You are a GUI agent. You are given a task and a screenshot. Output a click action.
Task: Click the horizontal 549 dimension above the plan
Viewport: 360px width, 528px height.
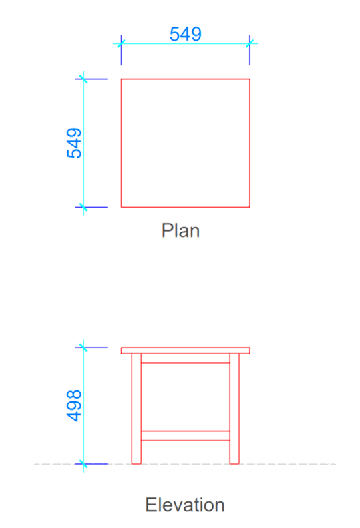click(186, 34)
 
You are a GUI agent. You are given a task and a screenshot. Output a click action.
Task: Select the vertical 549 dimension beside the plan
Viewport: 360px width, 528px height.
click(74, 143)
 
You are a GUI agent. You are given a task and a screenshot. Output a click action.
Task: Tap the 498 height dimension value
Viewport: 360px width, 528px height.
click(74, 405)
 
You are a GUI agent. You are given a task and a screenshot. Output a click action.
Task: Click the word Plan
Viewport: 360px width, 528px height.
click(181, 230)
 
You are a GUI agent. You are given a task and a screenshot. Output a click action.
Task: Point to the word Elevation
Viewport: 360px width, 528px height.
click(185, 505)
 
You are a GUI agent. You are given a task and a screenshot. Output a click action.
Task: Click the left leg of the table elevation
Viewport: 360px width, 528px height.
click(136, 409)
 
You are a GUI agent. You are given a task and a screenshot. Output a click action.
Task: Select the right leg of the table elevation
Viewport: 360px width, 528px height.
click(234, 409)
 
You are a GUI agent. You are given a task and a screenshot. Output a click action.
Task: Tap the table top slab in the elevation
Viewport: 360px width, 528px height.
click(186, 350)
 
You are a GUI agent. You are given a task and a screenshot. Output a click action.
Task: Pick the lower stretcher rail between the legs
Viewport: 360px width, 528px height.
click(186, 435)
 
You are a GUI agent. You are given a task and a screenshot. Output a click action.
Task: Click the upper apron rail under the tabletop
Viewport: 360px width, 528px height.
click(186, 358)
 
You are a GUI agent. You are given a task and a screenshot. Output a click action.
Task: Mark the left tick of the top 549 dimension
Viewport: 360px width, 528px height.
click(122, 43)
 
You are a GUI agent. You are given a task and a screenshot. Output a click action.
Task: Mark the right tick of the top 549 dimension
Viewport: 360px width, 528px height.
click(250, 43)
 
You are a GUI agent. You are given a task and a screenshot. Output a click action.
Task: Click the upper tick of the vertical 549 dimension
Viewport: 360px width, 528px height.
click(83, 79)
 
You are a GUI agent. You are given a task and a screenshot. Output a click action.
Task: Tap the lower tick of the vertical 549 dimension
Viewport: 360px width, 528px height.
click(83, 207)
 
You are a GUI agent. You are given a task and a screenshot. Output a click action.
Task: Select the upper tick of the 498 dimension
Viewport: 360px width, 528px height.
click(83, 348)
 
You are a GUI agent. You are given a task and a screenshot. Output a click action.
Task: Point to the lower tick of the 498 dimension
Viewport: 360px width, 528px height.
click(83, 464)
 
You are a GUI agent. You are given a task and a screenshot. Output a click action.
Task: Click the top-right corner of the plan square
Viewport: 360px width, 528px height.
click(250, 79)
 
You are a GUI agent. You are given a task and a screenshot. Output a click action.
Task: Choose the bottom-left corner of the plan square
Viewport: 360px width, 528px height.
click(122, 207)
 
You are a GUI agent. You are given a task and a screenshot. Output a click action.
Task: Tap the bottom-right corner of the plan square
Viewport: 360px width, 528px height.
click(250, 207)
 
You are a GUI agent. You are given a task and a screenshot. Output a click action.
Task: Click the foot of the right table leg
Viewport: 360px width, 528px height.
click(234, 463)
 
